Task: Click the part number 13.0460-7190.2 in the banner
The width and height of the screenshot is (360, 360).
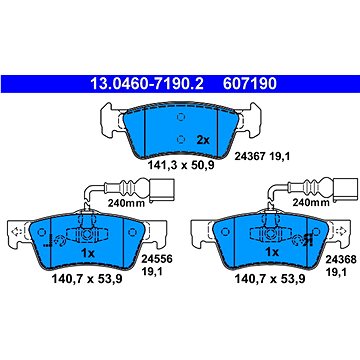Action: (147, 84)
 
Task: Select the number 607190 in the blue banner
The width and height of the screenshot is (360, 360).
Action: (250, 84)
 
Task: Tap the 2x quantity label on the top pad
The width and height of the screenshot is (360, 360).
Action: (203, 140)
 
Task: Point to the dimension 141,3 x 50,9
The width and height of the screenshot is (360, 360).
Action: (181, 165)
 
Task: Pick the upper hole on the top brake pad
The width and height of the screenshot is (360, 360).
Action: (181, 117)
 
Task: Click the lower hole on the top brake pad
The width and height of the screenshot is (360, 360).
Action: (181, 139)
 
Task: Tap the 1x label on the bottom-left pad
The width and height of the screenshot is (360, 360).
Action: (88, 253)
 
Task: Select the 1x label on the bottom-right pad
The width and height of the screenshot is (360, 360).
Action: (272, 252)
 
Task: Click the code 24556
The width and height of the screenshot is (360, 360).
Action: (157, 259)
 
